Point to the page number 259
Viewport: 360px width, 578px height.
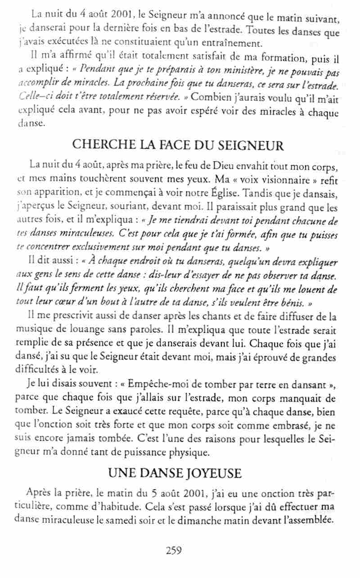point(174,550)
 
